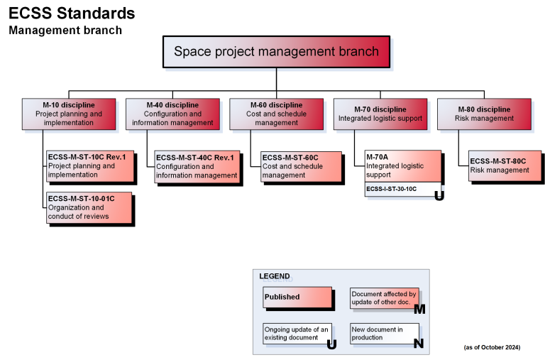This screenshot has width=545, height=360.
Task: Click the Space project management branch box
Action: (276, 52)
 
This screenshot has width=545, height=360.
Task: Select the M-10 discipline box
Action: (68, 114)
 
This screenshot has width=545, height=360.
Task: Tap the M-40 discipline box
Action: (172, 114)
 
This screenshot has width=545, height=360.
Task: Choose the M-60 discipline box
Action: (276, 114)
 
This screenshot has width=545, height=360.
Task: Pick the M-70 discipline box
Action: (380, 114)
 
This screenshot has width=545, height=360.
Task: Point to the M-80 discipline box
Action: (484, 114)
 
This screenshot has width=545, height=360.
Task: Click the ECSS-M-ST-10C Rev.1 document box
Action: (90, 166)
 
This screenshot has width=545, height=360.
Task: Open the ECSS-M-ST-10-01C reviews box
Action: (89, 207)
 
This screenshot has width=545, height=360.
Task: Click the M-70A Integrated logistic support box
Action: (402, 165)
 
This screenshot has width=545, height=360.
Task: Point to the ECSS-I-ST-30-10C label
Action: (392, 190)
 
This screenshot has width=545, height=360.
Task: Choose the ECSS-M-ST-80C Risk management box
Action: (505, 165)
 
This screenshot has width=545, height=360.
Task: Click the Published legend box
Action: (297, 298)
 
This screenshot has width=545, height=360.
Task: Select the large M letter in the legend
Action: (419, 309)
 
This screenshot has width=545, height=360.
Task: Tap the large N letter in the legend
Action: (419, 344)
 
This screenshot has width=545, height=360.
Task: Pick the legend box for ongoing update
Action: (297, 333)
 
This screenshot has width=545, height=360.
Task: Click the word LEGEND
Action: (275, 276)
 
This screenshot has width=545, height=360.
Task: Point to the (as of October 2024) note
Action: (492, 347)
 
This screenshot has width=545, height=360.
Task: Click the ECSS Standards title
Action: (72, 13)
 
